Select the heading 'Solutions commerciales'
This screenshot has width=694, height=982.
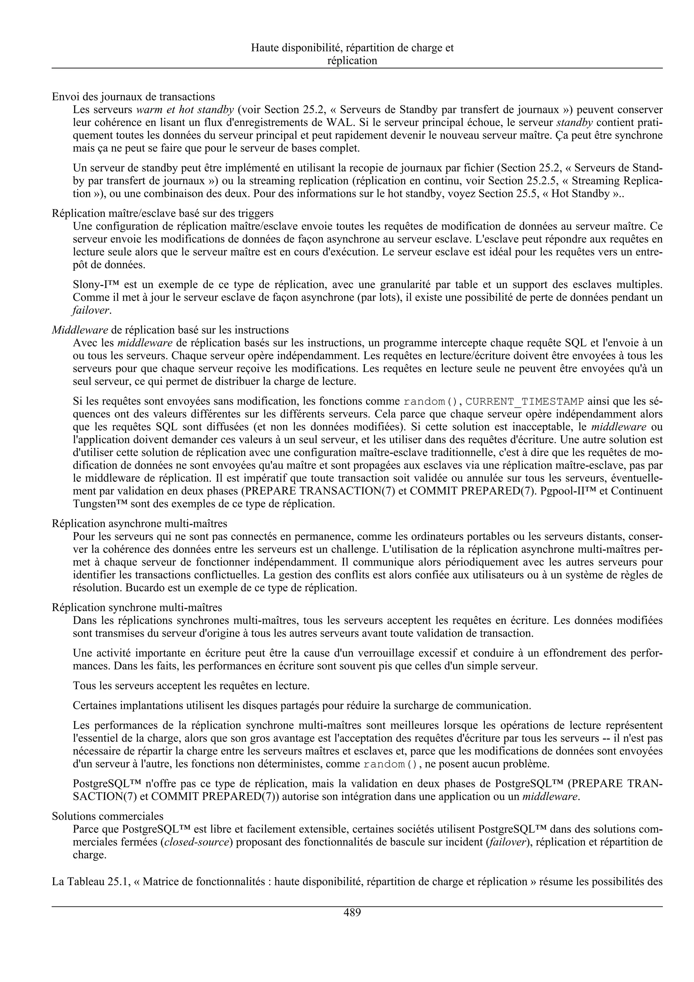pyautogui.click(x=107, y=816)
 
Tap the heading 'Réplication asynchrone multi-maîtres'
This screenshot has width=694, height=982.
pyautogui.click(x=139, y=524)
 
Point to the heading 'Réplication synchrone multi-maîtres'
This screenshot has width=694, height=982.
pyautogui.click(x=137, y=607)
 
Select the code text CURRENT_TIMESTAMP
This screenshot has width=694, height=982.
pyautogui.click(x=524, y=402)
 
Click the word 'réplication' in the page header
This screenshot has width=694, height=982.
pyautogui.click(x=352, y=61)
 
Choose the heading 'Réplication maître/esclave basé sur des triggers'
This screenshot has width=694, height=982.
pyautogui.click(x=163, y=213)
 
